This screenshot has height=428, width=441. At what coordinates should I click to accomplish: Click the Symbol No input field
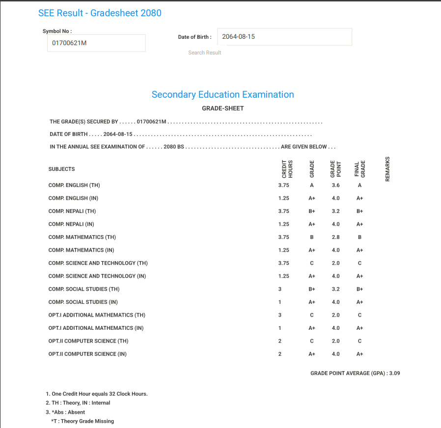click(96, 43)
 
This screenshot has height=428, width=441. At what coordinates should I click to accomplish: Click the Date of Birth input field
click(285, 37)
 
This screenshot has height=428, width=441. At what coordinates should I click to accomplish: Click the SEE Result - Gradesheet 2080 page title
click(100, 13)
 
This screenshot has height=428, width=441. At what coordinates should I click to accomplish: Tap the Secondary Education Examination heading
click(222, 95)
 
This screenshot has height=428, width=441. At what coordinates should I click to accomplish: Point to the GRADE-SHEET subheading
click(222, 108)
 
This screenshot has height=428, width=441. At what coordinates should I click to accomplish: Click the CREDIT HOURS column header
click(287, 169)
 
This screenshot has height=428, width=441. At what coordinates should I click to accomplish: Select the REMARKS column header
click(387, 169)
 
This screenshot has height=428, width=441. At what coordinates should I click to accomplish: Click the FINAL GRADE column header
click(360, 169)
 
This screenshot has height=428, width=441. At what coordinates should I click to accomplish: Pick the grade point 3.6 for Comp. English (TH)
click(335, 186)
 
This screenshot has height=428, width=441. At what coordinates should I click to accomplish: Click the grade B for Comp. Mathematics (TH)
click(311, 238)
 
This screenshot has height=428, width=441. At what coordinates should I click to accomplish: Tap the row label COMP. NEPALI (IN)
click(71, 224)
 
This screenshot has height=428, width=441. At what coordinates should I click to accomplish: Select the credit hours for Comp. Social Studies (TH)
click(280, 289)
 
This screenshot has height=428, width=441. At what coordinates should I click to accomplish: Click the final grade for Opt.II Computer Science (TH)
click(360, 341)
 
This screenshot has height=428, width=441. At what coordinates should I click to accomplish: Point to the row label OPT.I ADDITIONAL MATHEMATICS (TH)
click(97, 315)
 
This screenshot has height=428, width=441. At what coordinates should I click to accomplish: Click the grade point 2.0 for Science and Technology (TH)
click(335, 263)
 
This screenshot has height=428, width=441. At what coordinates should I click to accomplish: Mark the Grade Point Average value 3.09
click(394, 374)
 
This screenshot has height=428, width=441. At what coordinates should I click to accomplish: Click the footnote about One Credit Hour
click(97, 394)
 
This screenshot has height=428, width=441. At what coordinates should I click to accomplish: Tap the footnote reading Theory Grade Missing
click(83, 421)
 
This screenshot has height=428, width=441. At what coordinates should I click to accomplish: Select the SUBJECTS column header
click(61, 169)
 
